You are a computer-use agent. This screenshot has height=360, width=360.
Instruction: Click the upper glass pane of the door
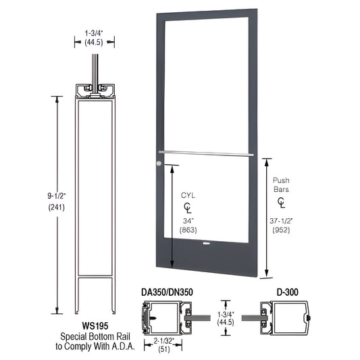point(205,81)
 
